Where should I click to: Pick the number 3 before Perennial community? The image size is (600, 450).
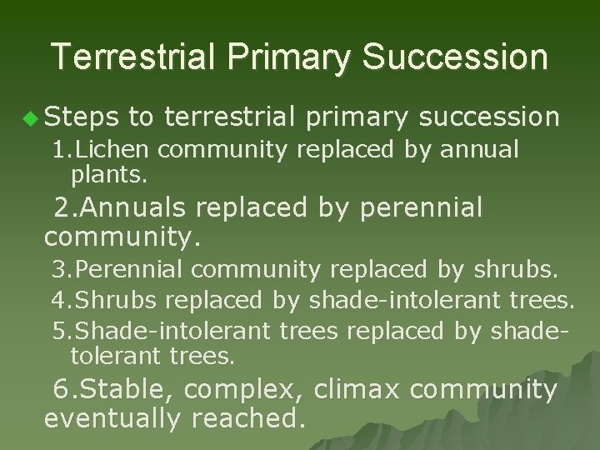[x=59, y=271]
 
